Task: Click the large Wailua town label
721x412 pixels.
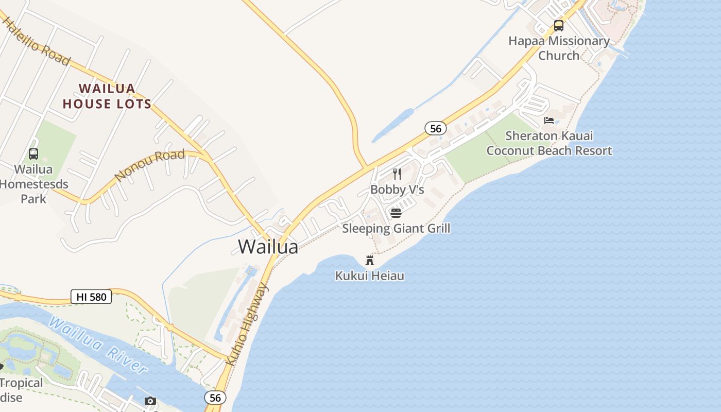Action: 268,247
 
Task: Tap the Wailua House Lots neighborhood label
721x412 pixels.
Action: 107,96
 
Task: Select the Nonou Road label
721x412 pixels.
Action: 149,165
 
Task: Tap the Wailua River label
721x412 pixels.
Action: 98,345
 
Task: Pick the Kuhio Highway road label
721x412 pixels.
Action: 247,324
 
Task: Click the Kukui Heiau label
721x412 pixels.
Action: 369,276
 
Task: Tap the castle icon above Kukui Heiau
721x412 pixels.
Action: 369,260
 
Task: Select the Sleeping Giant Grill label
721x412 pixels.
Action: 396,228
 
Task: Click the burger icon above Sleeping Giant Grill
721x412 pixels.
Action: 396,213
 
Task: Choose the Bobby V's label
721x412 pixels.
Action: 397,190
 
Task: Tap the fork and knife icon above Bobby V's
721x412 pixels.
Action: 397,174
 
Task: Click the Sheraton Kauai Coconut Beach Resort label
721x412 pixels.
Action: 549,143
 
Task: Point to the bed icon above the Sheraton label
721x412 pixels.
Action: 549,121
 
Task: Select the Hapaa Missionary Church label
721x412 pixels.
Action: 559,48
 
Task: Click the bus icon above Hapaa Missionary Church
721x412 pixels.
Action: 559,25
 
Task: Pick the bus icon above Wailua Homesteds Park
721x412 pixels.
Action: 33,153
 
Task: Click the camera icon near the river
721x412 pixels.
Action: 150,401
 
